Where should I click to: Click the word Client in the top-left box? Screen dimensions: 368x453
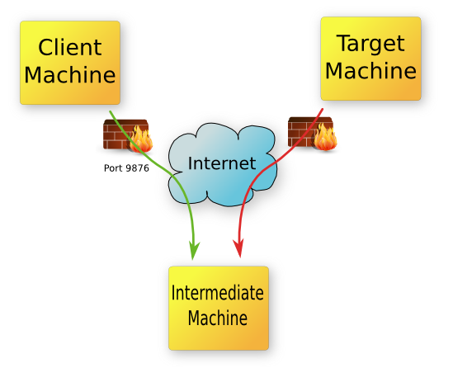tap(69, 47)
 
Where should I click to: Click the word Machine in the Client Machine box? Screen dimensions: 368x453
tap(69, 75)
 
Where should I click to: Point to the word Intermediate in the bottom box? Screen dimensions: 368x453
tap(217, 293)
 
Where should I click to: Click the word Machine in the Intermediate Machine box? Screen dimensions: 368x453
tap(217, 318)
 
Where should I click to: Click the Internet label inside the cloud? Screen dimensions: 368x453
tap(221, 163)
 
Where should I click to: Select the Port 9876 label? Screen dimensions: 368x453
tap(125, 167)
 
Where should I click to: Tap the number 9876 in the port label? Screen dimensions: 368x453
tap(138, 167)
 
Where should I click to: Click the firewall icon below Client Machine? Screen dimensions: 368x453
tap(125, 135)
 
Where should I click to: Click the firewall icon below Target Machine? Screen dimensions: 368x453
tap(313, 134)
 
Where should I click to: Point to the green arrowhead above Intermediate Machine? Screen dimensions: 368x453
tap(194, 247)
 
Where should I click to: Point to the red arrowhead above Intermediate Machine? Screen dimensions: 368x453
tap(239, 247)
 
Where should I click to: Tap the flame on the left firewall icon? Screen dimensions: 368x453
tap(140, 139)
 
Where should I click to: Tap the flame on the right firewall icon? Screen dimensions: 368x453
tap(327, 137)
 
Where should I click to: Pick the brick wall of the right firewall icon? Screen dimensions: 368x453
tap(301, 133)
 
